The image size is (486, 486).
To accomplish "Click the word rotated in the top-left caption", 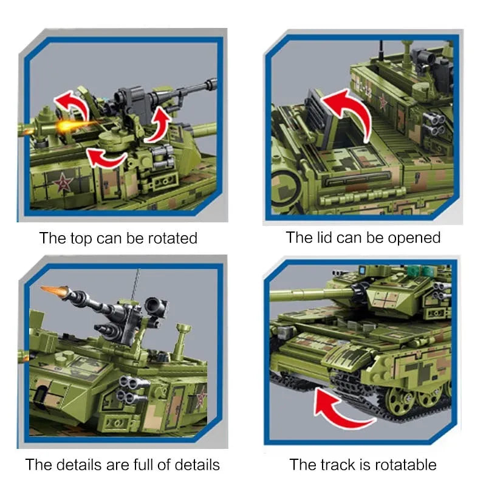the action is click(x=173, y=238).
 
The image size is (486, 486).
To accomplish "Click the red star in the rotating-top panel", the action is click(x=63, y=182).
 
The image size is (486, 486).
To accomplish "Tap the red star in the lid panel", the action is click(x=383, y=102).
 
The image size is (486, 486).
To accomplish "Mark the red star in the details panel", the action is click(x=202, y=397).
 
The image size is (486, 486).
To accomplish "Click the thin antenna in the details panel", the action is click(x=135, y=284).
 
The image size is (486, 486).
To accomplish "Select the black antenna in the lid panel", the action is click(x=381, y=51).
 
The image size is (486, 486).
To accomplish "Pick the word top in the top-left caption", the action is click(x=81, y=239).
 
